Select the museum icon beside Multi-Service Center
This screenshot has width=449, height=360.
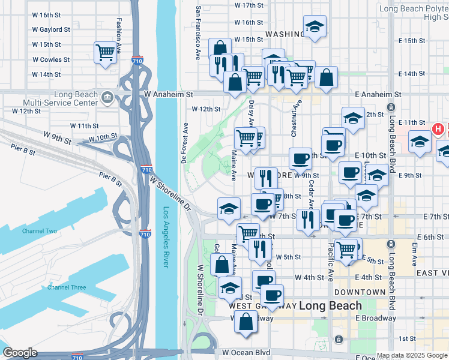pos(107,96)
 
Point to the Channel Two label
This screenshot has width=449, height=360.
pos(39,231)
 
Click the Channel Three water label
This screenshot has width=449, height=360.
pos(67,287)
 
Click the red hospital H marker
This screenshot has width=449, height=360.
pos(438,128)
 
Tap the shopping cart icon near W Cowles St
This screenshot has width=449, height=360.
pos(106,52)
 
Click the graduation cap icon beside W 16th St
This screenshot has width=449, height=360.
pos(315,27)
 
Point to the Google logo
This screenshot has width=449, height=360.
pos(20,353)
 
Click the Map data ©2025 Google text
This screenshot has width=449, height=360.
pos(412,355)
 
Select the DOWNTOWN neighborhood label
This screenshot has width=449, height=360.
pos(360,292)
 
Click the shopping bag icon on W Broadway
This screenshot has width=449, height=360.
pos(246,322)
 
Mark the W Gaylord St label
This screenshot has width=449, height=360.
pos(51,28)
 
